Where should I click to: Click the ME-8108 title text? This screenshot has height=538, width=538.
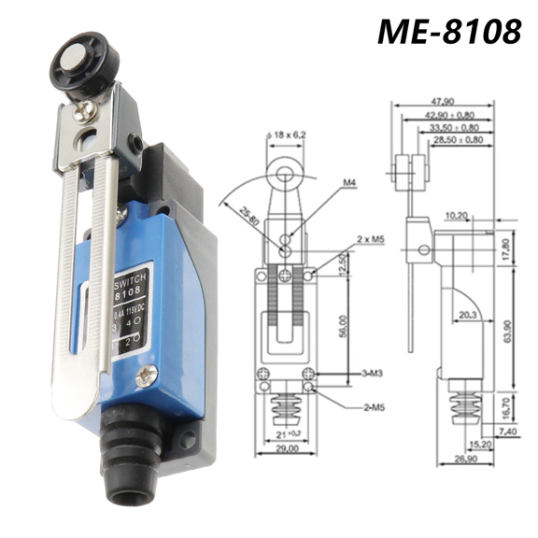tap(449, 30)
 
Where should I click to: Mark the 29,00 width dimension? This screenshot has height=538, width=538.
tap(286, 448)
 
